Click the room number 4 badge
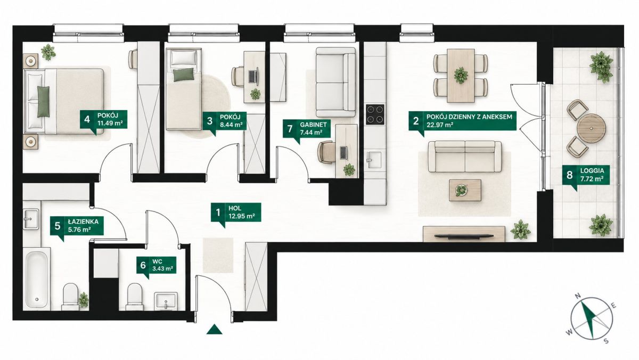coord(87,119)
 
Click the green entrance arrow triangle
coord(215,329)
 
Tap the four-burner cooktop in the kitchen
coord(375,114)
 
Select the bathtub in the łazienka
coord(37,279)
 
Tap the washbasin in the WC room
coord(166,301)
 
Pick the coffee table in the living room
coord(465,190)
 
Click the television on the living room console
coord(464,235)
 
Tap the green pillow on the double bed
coord(43,102)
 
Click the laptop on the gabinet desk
coord(343,153)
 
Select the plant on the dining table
coord(461,75)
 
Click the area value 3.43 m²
coord(162,268)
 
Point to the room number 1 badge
coord(218,212)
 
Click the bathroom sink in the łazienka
coord(31,219)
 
